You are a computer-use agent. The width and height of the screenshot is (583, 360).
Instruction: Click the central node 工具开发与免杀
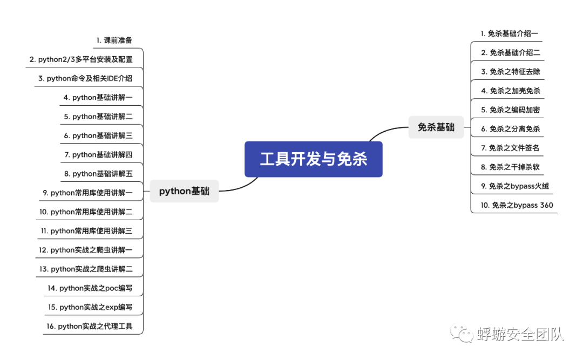point(313,159)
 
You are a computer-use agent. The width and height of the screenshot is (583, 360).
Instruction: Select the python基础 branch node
point(184,191)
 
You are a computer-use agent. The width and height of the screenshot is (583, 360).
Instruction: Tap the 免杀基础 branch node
point(436,127)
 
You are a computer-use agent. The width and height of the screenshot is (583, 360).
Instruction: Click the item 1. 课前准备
point(114,40)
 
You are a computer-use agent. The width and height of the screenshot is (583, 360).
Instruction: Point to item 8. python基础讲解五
point(98,174)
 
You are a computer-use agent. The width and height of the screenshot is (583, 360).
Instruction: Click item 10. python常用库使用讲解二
point(86,212)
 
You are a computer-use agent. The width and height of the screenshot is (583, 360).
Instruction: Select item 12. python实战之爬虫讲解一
point(86,250)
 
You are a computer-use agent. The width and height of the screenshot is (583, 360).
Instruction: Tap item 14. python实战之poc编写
point(90,288)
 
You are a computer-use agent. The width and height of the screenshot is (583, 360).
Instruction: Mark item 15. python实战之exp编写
point(90,307)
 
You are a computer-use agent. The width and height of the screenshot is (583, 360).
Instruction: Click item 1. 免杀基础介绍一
point(510,33)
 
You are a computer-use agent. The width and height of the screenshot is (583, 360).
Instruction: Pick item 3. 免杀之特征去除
point(511,72)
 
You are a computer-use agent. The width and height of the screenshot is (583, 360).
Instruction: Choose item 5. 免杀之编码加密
point(511,110)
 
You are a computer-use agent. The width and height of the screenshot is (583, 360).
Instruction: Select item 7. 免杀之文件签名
point(511,148)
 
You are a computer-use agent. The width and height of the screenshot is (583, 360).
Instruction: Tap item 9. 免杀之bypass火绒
point(515,186)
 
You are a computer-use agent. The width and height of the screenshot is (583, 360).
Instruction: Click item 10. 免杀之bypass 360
point(517,205)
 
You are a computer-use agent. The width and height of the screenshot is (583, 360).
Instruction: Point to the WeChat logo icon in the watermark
point(463,333)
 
